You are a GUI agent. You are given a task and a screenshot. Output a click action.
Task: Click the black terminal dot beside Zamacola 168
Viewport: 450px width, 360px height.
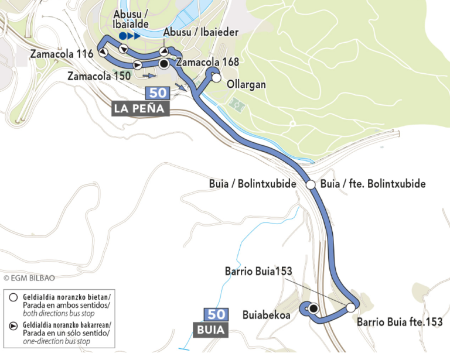point(164,63)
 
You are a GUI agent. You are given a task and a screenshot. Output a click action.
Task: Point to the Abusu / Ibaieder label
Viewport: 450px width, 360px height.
point(201,32)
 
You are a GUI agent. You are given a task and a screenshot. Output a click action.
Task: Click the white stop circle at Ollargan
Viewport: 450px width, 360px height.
point(216,77)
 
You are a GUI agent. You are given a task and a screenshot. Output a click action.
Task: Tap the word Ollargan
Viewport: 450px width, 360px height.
point(246,85)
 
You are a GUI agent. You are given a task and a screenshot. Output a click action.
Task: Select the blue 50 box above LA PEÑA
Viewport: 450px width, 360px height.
point(158,93)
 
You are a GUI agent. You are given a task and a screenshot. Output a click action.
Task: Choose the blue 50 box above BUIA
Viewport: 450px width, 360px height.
point(214,314)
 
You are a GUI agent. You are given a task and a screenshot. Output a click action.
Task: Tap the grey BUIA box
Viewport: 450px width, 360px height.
point(210,330)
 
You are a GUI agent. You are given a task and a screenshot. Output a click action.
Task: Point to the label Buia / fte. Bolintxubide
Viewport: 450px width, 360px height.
point(373,184)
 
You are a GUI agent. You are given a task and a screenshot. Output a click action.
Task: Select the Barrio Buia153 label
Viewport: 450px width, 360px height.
point(258,272)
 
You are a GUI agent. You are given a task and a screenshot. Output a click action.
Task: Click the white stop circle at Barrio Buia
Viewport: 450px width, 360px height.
point(350,307)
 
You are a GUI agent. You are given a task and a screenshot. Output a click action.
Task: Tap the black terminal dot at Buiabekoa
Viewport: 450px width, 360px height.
point(313,308)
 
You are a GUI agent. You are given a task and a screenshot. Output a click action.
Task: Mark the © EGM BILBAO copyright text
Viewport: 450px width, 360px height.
point(29,278)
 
